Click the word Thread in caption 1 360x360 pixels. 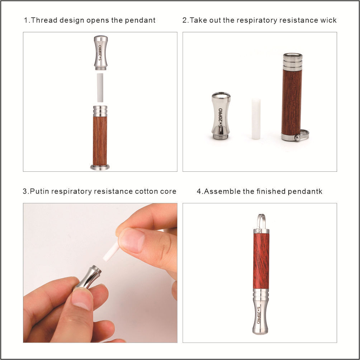coord(44,20)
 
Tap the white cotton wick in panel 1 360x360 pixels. coord(100,88)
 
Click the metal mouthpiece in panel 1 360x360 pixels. coord(100,53)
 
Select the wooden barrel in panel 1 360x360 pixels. coord(100,141)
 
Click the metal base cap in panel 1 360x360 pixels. coord(100,167)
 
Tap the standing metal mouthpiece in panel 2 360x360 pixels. coord(221,116)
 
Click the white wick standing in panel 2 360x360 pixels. coord(256,119)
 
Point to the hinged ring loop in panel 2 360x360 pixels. coord(302,136)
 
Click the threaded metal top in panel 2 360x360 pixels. coord(293,62)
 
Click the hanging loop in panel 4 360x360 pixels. coord(261,222)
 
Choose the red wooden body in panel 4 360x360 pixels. coord(261,261)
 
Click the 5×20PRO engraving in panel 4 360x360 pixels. coord(259,315)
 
